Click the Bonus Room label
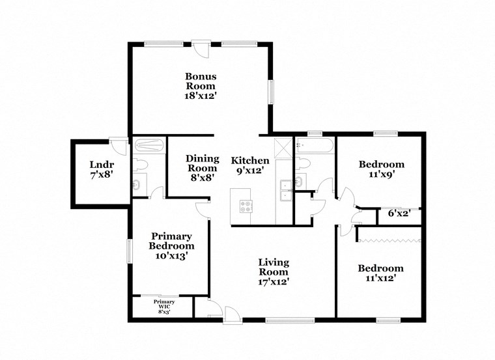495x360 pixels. (201, 81)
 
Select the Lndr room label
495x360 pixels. (102, 164)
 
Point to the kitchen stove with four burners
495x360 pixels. (246, 207)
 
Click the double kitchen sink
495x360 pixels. (285, 190)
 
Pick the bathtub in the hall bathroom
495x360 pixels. (315, 145)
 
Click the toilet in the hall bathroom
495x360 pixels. (304, 162)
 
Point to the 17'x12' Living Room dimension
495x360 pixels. (274, 282)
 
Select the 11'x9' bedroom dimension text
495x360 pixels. (382, 174)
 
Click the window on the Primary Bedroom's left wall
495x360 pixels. (130, 251)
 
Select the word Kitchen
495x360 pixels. (250, 160)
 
